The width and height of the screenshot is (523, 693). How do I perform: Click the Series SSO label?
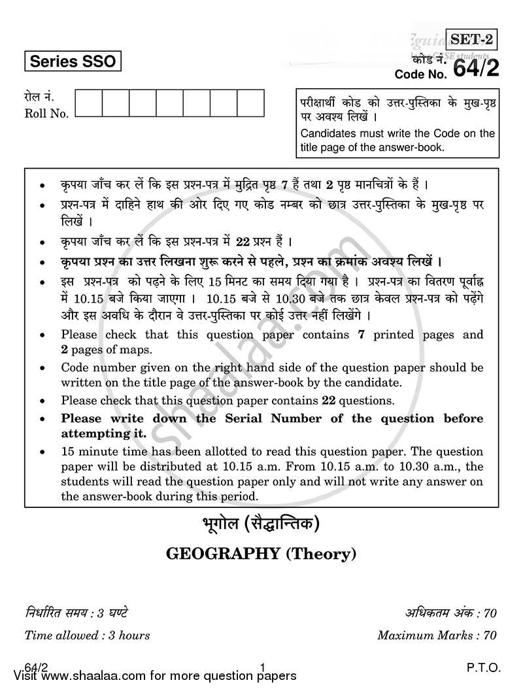click(x=73, y=62)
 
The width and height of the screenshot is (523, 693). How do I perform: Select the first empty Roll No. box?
click(x=89, y=103)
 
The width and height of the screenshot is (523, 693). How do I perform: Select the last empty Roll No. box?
click(x=250, y=103)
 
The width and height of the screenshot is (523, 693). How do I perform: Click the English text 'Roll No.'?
click(x=46, y=114)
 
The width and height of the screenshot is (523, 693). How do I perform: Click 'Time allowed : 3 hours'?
click(x=87, y=635)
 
